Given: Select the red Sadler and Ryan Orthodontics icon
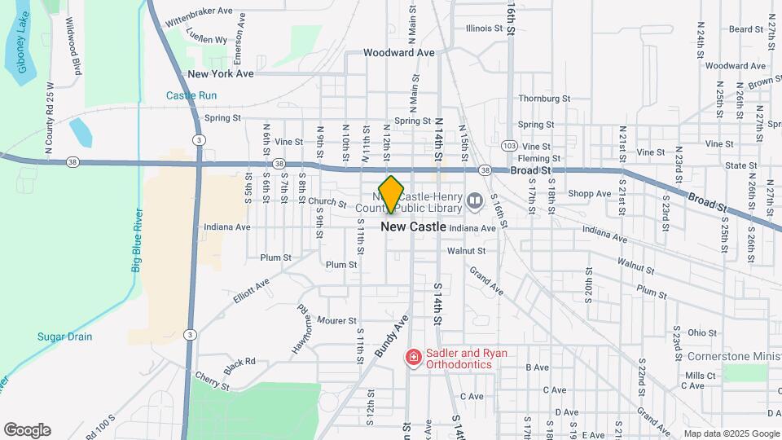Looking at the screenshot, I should coord(413,357).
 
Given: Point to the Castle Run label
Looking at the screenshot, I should coord(191,95).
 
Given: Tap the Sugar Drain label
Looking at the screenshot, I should coord(64,337).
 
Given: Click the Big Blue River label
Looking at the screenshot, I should coord(136,240).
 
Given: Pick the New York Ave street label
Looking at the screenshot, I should coord(221,73).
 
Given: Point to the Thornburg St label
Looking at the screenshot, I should coord(544,99).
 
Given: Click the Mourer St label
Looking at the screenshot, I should coord(337,320).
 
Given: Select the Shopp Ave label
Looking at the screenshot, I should coord(589,194).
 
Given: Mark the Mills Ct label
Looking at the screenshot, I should coord(700,375).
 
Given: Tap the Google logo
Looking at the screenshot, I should coord(27,430).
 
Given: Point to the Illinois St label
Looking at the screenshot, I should coord(484,28).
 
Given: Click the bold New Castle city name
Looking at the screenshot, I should coord(414,227).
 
